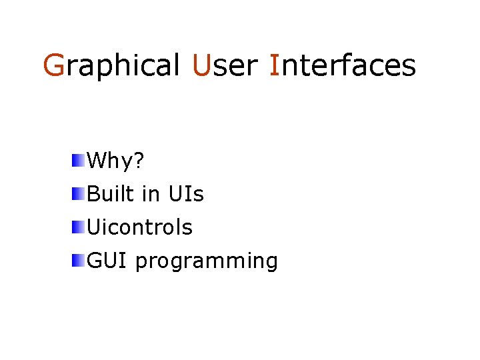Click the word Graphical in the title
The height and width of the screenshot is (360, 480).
111,66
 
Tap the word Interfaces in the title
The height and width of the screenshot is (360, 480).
343,66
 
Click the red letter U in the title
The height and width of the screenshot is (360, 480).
201,66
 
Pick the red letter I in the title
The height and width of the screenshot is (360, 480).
274,66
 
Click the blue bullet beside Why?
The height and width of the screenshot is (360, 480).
79,160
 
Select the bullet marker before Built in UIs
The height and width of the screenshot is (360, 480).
79,193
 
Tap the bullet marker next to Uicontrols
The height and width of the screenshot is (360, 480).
79,227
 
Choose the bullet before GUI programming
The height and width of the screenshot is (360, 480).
79,260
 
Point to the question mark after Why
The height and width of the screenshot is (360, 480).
140,161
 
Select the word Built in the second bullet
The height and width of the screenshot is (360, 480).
111,194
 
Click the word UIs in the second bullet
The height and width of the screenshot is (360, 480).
186,194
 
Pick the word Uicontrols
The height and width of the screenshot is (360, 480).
140,227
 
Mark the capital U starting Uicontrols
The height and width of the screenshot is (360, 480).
94,227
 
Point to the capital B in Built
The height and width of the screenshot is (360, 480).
93,194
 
